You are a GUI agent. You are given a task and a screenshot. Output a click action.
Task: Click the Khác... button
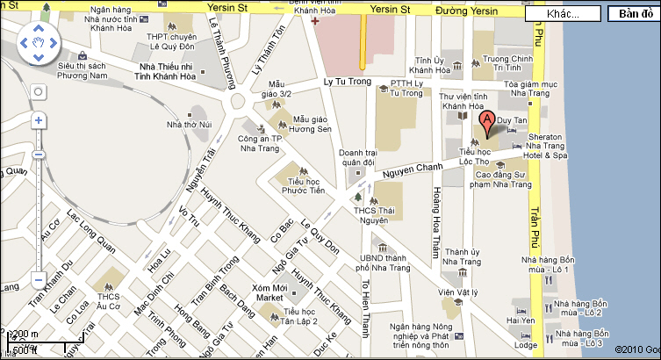pyautogui.click(x=563, y=14)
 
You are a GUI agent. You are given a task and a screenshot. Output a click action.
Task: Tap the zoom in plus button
pyautogui.click(x=38, y=120)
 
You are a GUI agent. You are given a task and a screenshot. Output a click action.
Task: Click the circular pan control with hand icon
pyautogui.click(x=37, y=43)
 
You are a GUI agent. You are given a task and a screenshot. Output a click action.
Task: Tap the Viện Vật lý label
pyautogui.click(x=459, y=292)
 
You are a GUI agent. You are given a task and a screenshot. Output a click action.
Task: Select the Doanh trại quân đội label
pyautogui.click(x=357, y=156)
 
